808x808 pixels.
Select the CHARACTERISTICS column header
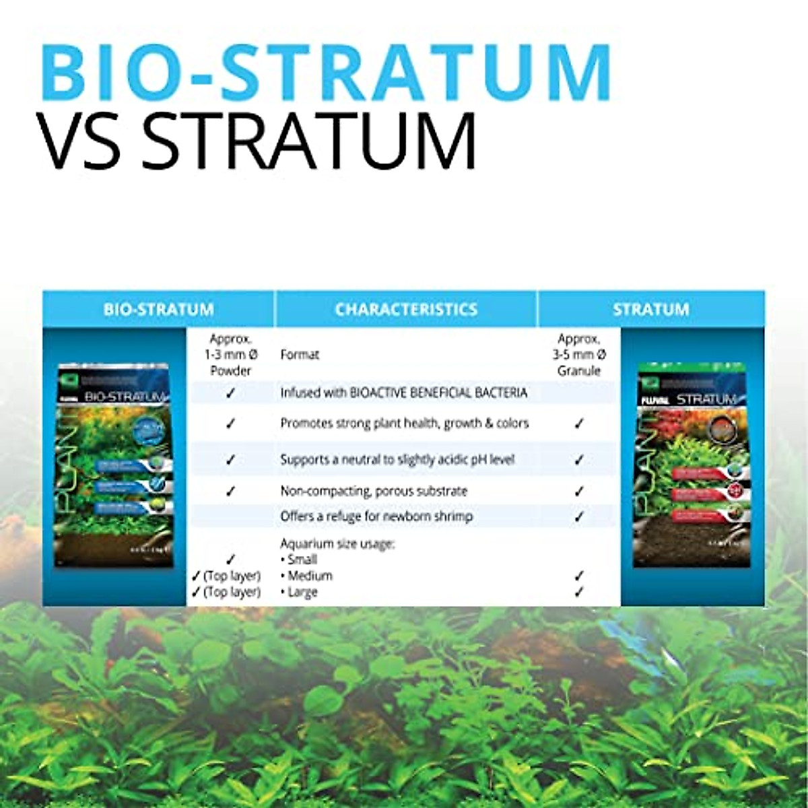[406, 310]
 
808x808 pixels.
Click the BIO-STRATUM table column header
[158, 310]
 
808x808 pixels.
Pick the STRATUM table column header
[650, 310]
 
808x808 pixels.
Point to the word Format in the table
[300, 355]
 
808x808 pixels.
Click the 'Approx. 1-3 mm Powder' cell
[230, 355]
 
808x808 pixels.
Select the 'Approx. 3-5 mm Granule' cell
[579, 355]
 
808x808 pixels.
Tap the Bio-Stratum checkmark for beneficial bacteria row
[230, 393]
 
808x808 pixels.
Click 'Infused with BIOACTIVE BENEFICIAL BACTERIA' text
[403, 393]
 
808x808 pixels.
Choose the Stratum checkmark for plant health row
[579, 424]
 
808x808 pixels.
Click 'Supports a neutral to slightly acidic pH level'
[397, 460]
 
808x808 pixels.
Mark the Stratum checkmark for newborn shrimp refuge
[579, 517]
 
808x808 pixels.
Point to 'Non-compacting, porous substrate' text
[374, 491]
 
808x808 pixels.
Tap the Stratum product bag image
[689, 465]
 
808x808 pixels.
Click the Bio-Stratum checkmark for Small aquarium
[230, 560]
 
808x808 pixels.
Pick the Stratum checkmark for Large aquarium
[579, 593]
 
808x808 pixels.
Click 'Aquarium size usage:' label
[337, 543]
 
